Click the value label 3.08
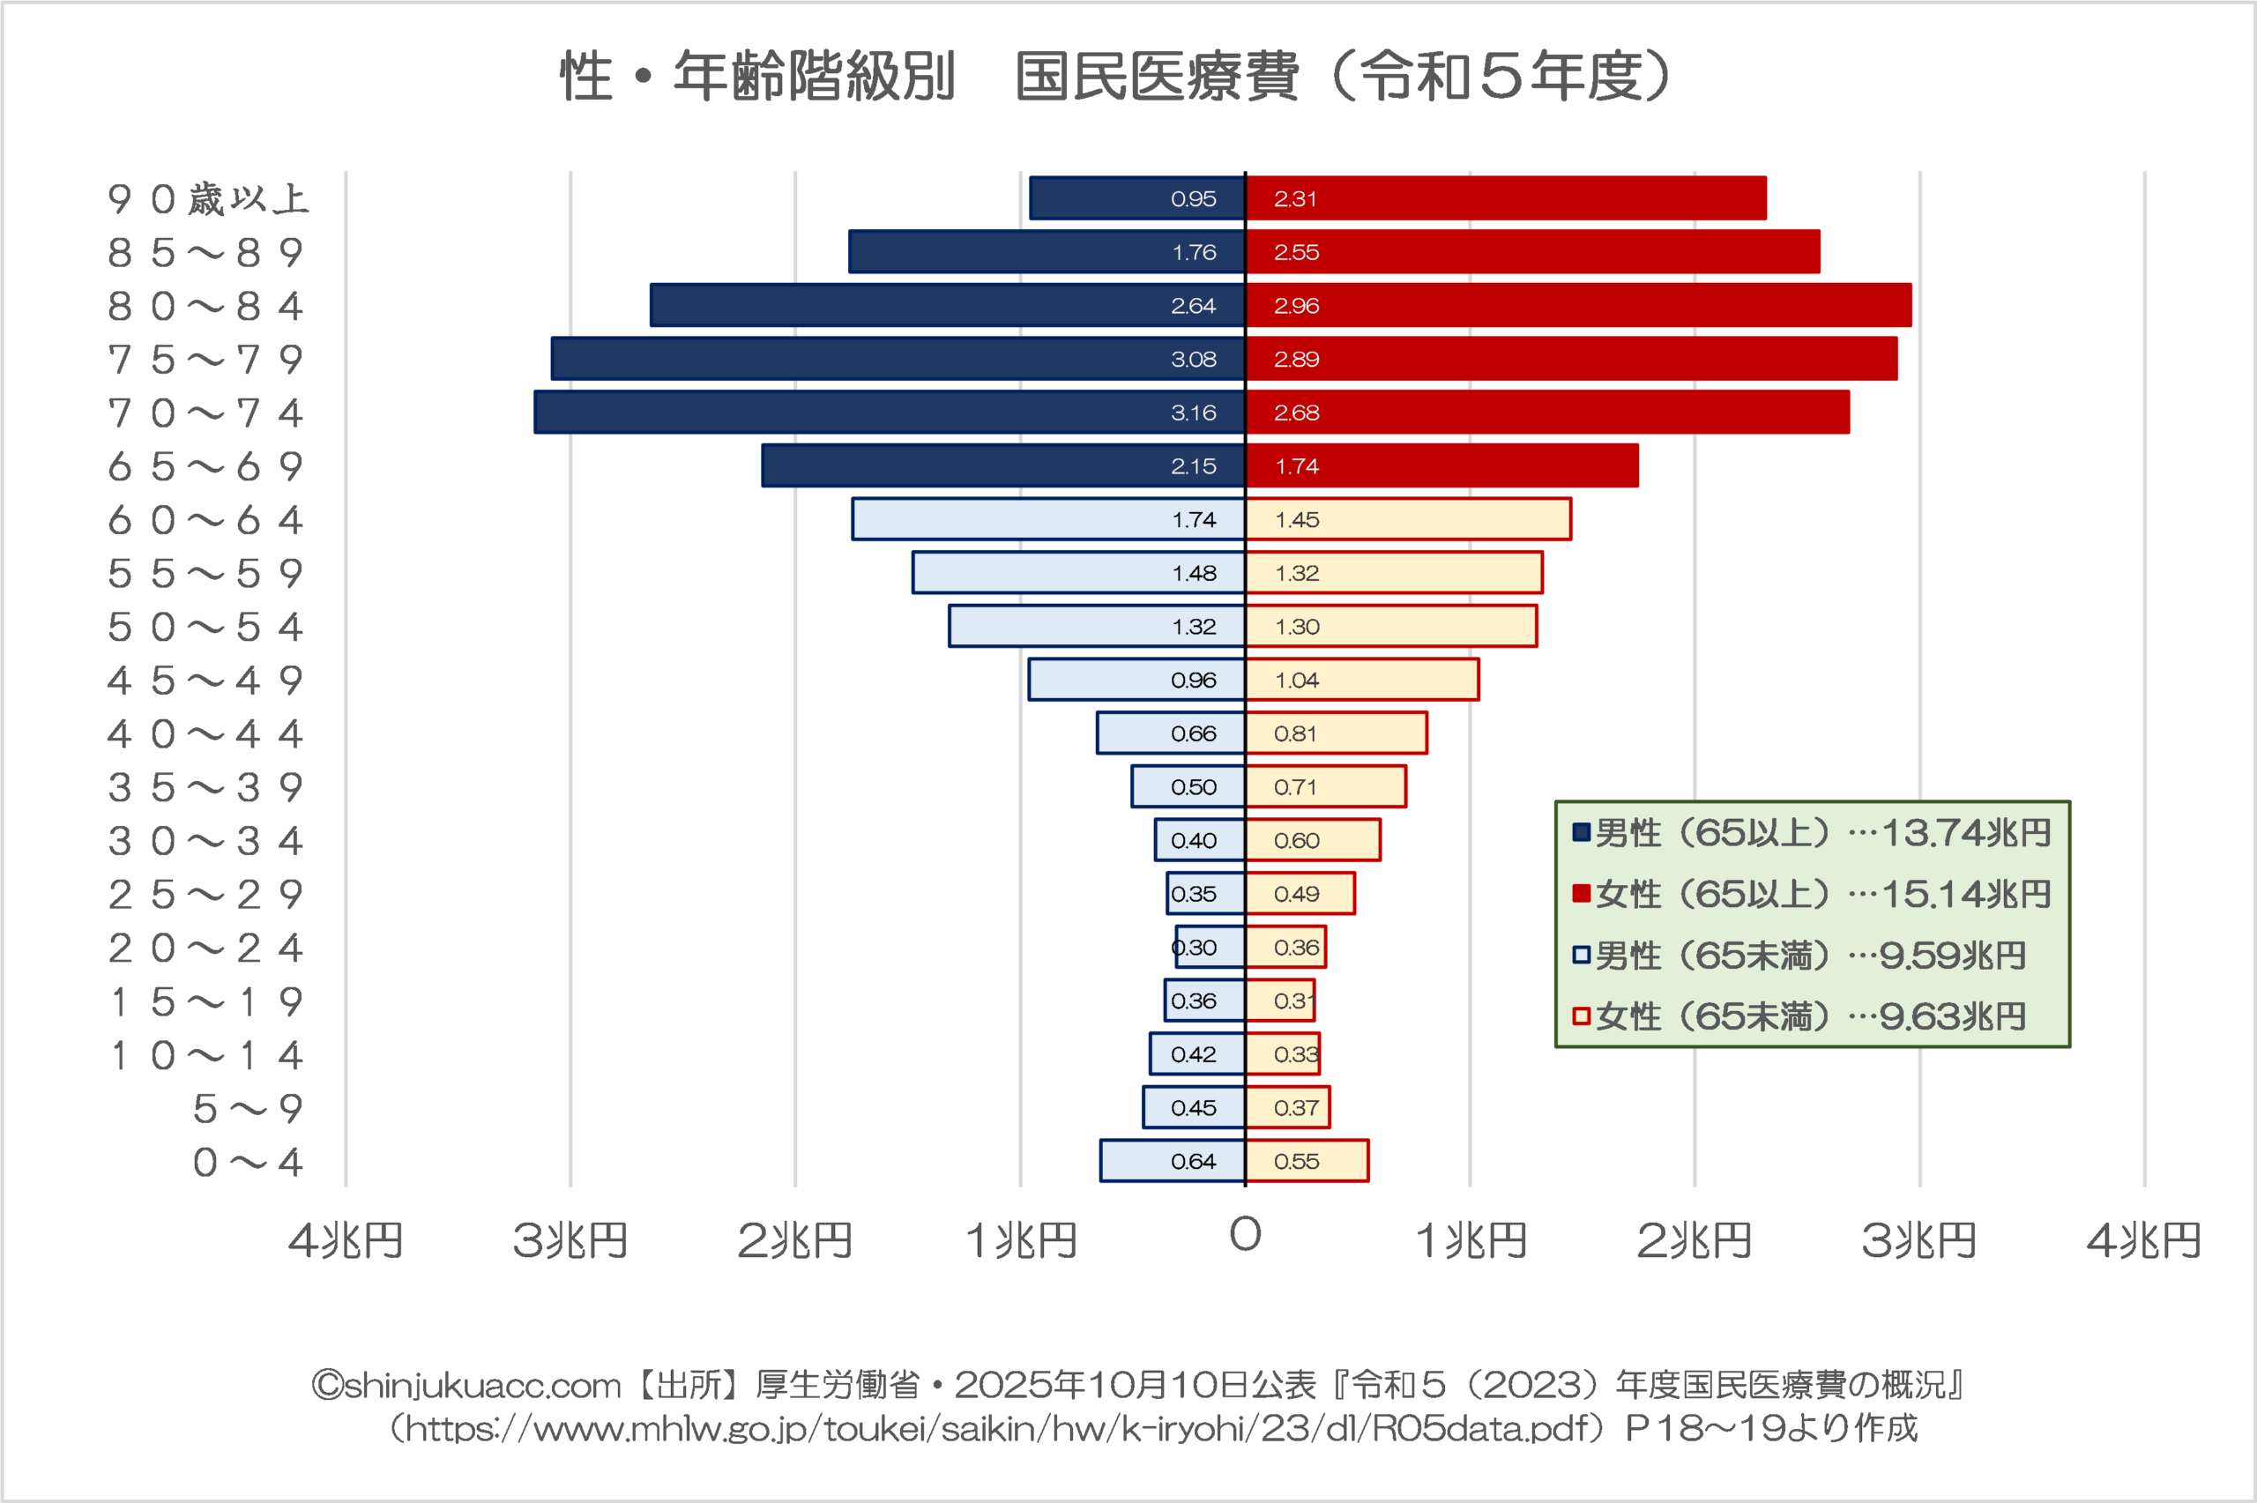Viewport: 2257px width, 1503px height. tap(1193, 360)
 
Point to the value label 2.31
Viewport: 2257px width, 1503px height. tap(1295, 198)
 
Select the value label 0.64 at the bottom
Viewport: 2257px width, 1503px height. tap(1193, 1161)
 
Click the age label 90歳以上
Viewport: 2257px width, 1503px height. tap(207, 199)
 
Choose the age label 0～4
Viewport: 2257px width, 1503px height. tap(247, 1163)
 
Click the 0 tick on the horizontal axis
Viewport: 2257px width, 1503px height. tap(1245, 1235)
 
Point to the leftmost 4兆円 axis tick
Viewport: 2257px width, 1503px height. tap(345, 1241)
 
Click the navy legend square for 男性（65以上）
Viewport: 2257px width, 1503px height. tap(1582, 832)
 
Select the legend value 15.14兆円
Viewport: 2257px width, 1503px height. tap(1964, 895)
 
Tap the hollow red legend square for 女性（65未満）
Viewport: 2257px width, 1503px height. tap(1582, 1016)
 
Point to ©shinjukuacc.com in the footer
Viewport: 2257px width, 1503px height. tap(466, 1385)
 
